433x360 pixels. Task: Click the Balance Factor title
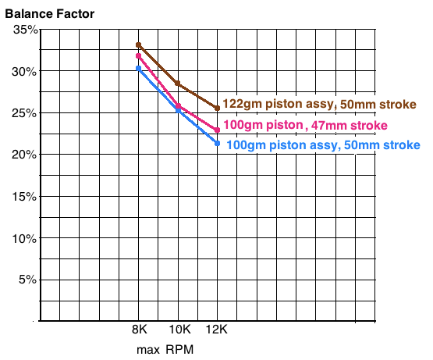point(50,14)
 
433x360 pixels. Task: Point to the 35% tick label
point(26,30)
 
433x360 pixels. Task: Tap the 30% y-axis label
point(24,72)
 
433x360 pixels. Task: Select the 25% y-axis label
point(24,113)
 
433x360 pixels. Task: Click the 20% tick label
point(24,155)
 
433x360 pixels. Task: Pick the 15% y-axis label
point(25,197)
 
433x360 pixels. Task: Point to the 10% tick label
point(25,238)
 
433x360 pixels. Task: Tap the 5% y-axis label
point(27,280)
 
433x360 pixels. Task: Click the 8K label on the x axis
point(140,330)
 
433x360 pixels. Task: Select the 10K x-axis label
point(179,330)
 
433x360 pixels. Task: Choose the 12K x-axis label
point(217,330)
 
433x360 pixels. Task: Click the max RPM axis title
point(165,350)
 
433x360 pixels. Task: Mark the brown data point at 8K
point(139,45)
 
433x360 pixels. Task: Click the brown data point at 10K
point(178,84)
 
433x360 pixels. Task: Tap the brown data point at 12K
point(218,108)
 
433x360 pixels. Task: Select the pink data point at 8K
point(138,56)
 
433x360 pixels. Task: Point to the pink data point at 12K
point(218,130)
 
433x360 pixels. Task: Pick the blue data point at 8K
point(139,68)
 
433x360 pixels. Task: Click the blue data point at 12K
point(218,143)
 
